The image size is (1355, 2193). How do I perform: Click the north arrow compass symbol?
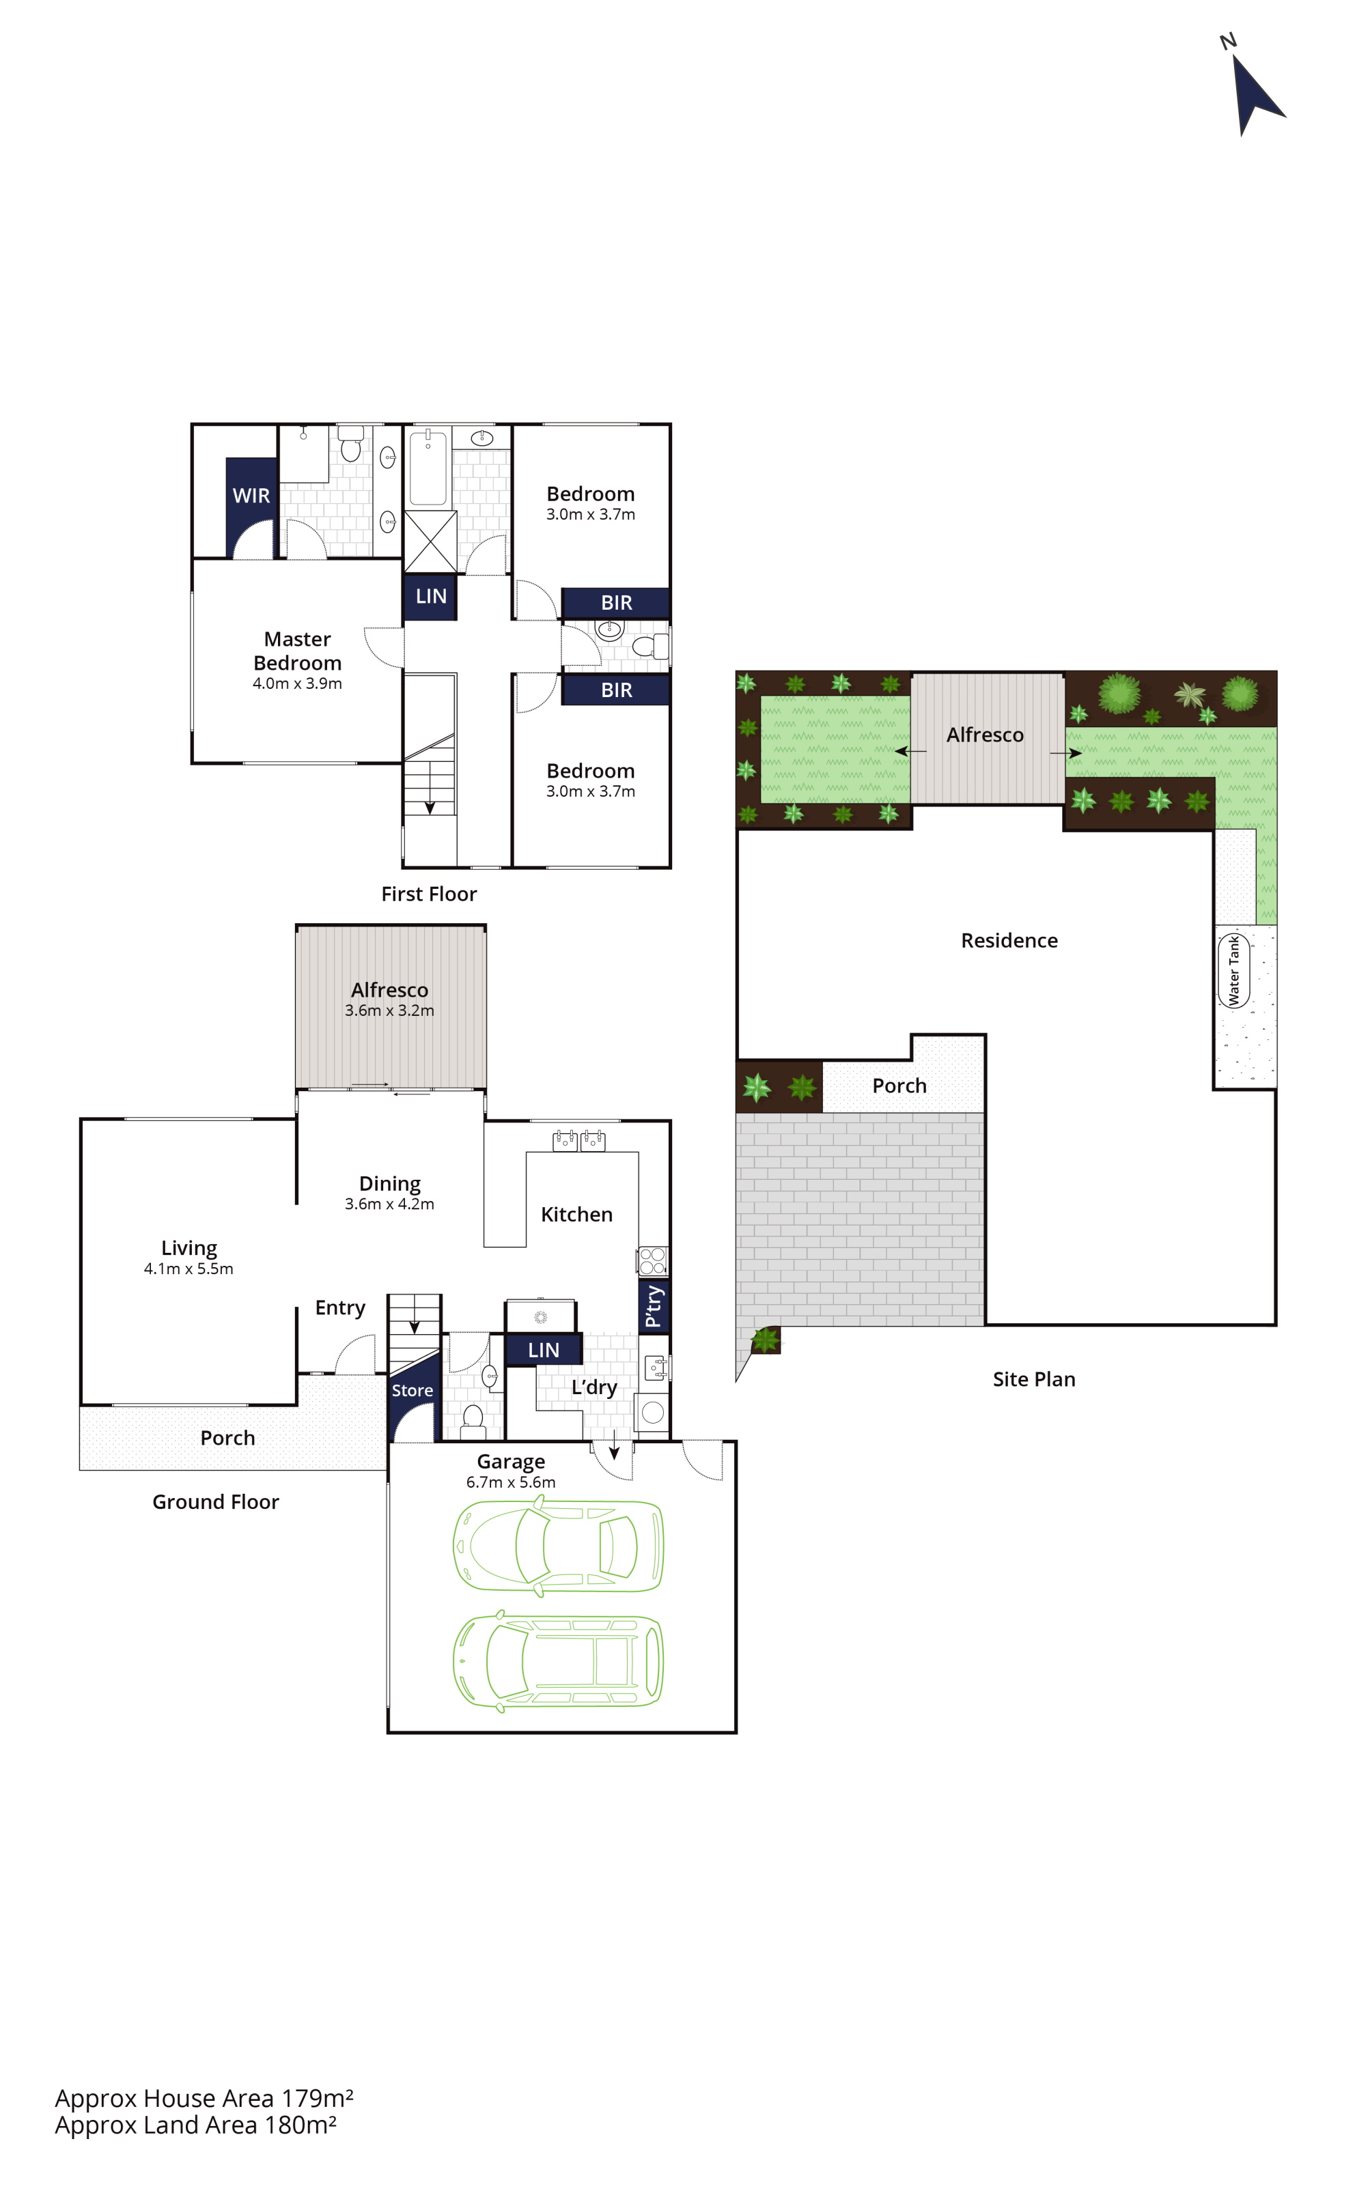pos(1255,89)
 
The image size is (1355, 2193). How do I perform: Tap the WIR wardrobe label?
pos(251,496)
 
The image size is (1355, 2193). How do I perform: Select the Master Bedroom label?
pos(298,651)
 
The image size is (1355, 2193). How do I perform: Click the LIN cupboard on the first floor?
pos(431,597)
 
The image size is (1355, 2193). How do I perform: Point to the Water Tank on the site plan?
pos(1234,971)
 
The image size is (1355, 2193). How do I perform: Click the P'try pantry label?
pos(654,1306)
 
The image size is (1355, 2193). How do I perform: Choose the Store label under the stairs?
pos(413,1390)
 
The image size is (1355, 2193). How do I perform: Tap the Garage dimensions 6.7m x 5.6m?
pos(511,1483)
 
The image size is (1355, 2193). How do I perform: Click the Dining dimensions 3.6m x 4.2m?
pos(390,1204)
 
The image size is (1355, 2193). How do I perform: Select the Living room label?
pos(189,1249)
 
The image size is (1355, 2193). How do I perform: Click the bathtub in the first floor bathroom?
pos(428,467)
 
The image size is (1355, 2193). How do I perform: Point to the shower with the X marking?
pos(431,541)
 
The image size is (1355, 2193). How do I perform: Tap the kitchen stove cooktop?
pos(654,1261)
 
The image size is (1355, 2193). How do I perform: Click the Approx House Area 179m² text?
pos(204,2099)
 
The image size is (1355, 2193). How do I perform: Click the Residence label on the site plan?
pos(1009,941)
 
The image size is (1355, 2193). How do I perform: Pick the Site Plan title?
pos(1034,1380)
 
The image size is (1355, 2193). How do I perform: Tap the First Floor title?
pos(430,894)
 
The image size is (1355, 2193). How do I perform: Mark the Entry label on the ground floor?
pos(341,1308)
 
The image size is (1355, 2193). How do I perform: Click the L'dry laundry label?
pos(594,1387)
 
